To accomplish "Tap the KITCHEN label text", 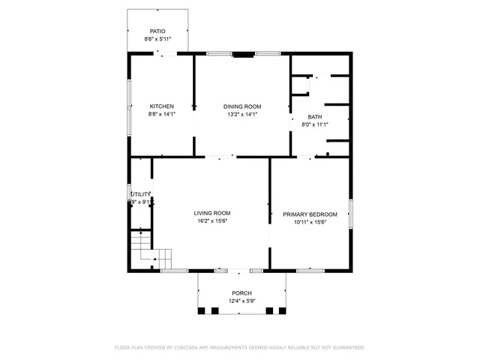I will coord(161,106).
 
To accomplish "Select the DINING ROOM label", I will coord(241,106).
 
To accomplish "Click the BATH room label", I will coord(315,117).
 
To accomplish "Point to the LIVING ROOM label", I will coord(212,213).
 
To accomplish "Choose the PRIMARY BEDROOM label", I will coord(310,214).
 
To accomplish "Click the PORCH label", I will coord(241,293).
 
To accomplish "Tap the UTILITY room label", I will coord(141,194).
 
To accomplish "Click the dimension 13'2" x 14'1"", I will coord(241,114).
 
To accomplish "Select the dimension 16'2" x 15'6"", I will coord(212,220).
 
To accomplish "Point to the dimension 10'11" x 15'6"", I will coord(310,222).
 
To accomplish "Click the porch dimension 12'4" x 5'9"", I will coord(241,301).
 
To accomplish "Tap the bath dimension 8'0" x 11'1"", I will coord(315,124).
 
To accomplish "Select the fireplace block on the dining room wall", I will coord(243,54).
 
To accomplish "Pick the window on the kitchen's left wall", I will coord(128,97).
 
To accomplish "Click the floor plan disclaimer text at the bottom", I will coord(239,348).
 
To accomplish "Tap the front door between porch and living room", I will coord(239,270).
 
